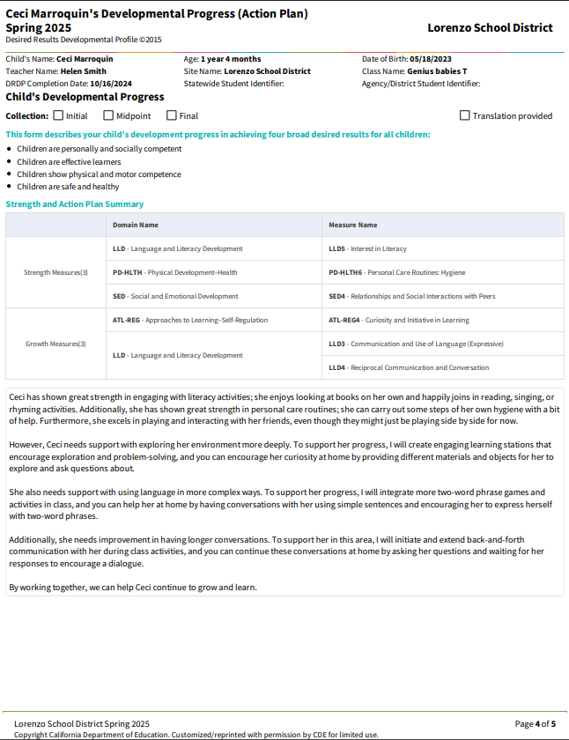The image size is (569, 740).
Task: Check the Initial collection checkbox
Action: coord(58,115)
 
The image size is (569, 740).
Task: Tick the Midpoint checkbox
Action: coord(108,115)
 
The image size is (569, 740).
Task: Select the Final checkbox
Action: coord(172,115)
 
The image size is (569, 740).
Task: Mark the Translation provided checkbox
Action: coord(465,115)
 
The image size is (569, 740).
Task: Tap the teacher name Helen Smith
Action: coord(84,71)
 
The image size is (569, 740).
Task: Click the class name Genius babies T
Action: coord(438,71)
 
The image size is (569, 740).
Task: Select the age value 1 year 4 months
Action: coord(231,59)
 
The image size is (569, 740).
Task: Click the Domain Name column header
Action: coord(136,225)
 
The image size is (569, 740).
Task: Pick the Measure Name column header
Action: coord(352,225)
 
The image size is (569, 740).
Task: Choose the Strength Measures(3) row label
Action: coord(55,272)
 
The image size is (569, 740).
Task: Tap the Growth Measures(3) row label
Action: coord(55,344)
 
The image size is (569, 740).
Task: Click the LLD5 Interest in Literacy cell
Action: coord(367,248)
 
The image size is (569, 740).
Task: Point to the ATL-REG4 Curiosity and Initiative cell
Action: coord(398,320)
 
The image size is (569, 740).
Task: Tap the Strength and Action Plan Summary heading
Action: coord(75,204)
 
